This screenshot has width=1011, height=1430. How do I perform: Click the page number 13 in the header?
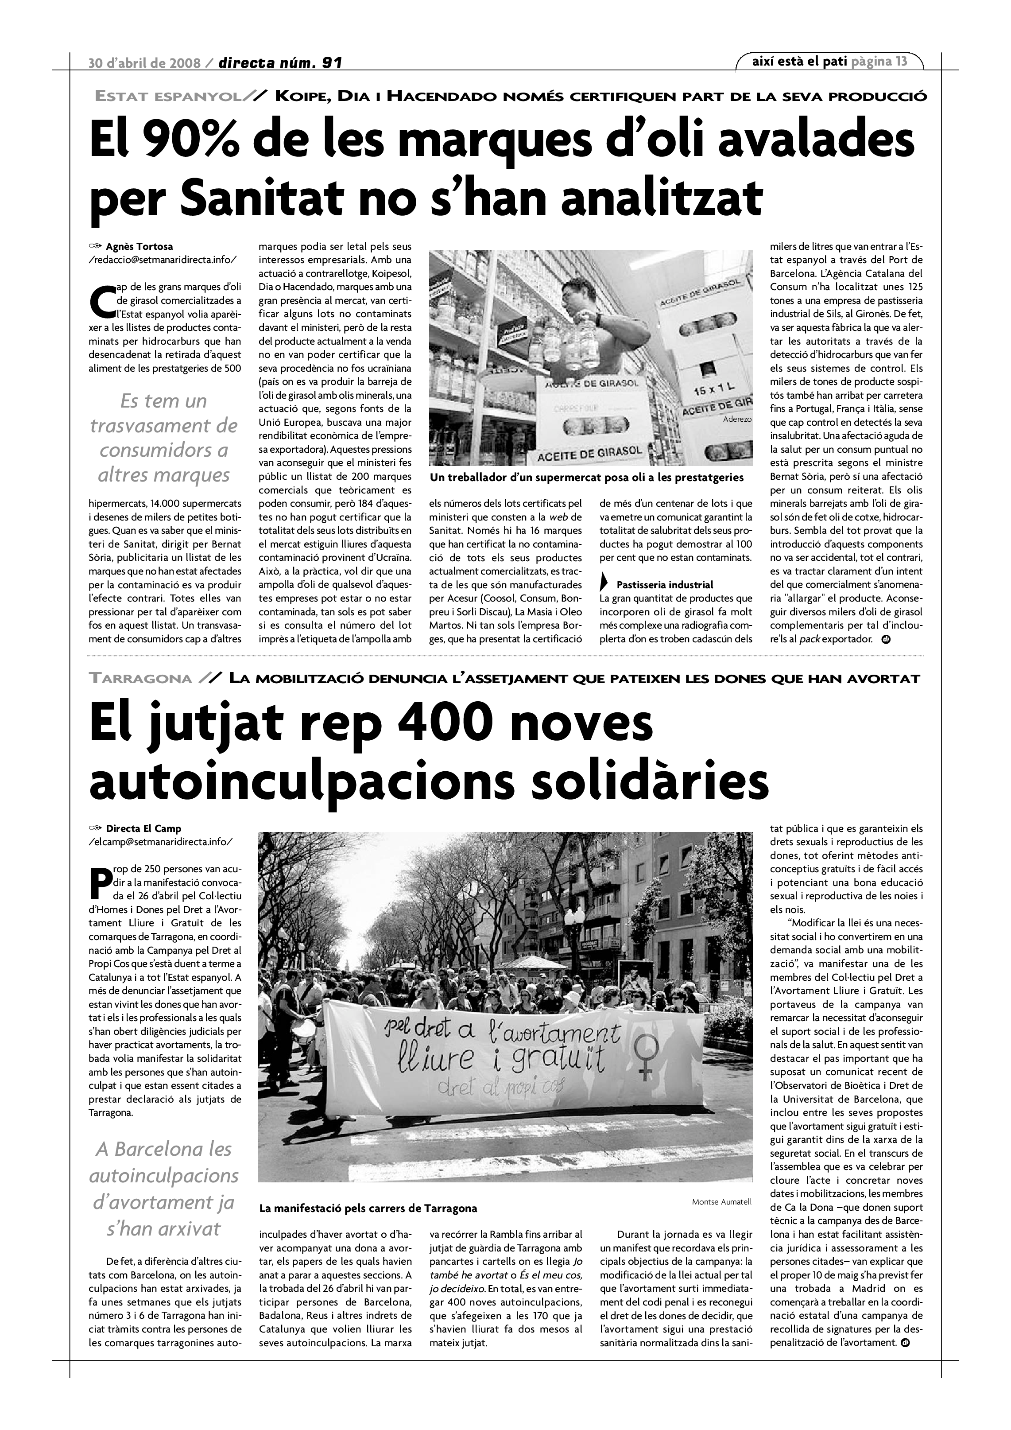point(901,61)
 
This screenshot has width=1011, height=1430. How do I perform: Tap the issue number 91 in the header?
point(330,63)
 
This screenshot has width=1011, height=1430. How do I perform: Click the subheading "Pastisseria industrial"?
point(664,585)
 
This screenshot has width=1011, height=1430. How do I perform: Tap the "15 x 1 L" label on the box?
point(714,391)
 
